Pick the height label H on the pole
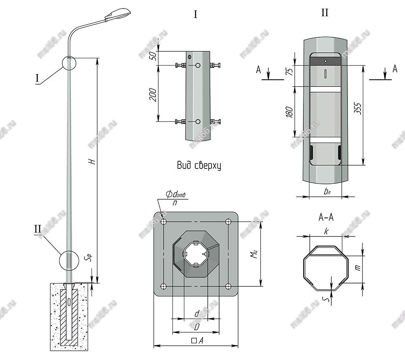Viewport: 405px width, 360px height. click(x=93, y=161)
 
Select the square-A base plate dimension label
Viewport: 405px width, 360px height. click(x=197, y=341)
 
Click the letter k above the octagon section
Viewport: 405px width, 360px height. click(x=326, y=231)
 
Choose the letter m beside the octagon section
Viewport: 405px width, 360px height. click(x=357, y=268)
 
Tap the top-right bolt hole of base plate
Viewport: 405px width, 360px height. click(x=228, y=222)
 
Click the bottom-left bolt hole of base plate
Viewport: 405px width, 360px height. click(x=164, y=286)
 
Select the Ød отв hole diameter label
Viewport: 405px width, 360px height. click(x=175, y=195)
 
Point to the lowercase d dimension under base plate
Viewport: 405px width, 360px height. click(x=197, y=313)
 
